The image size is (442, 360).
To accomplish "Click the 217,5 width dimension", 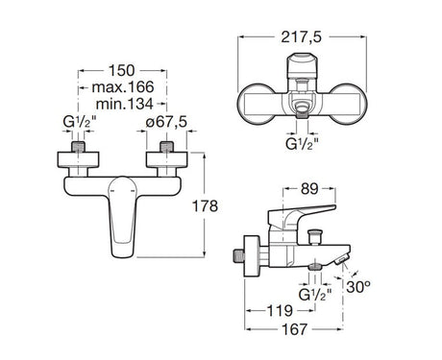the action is pos(301,37).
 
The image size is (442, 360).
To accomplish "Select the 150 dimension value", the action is pos(122,70).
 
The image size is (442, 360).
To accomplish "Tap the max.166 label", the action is pos(123,87).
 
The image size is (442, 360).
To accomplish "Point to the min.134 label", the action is pos(125,104).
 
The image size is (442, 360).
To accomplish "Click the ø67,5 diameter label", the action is pos(166,122).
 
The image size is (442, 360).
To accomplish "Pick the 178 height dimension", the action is pos(205,205).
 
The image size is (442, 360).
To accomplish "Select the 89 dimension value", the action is pos(309,189).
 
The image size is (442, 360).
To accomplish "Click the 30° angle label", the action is pos(358,287).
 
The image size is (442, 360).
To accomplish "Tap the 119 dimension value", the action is pos(280,310).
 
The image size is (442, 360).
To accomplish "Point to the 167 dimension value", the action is pos(294,329).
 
